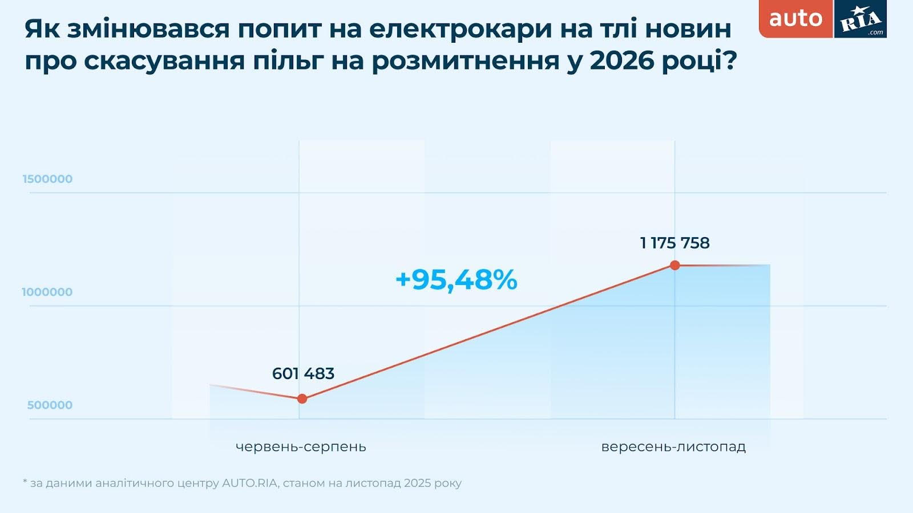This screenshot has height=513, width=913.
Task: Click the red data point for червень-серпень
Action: (x=302, y=398)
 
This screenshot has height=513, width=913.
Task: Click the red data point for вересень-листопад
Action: (x=675, y=265)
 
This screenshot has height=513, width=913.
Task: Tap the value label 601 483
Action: (x=303, y=373)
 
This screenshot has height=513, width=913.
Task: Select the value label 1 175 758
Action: (x=675, y=243)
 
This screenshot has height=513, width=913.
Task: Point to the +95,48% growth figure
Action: (x=456, y=279)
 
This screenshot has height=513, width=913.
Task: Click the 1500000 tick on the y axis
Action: (x=47, y=179)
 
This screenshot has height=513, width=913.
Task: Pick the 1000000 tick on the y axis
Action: (x=47, y=292)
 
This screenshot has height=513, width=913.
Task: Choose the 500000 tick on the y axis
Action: (x=50, y=405)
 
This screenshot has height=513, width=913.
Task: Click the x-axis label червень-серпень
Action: (x=301, y=446)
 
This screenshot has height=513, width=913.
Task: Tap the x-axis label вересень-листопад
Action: (x=673, y=446)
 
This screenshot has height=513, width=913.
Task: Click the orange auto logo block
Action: (x=795, y=18)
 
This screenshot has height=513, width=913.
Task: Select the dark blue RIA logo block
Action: (x=861, y=19)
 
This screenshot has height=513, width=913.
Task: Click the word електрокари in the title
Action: (x=460, y=28)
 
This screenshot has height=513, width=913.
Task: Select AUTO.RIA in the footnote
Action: (x=249, y=483)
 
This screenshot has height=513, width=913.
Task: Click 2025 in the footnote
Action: (x=417, y=483)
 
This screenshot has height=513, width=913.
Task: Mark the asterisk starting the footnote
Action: (x=25, y=482)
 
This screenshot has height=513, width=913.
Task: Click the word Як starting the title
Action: (x=42, y=28)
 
